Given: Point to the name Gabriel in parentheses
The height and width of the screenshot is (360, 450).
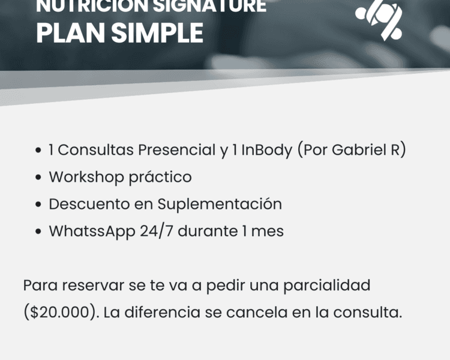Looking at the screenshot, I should (x=365, y=150).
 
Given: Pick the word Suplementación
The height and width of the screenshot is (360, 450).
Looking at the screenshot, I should (x=220, y=205).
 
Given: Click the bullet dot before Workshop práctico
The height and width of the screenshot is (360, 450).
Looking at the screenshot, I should (x=38, y=178).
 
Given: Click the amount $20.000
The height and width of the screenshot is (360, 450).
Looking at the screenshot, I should (x=59, y=313).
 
